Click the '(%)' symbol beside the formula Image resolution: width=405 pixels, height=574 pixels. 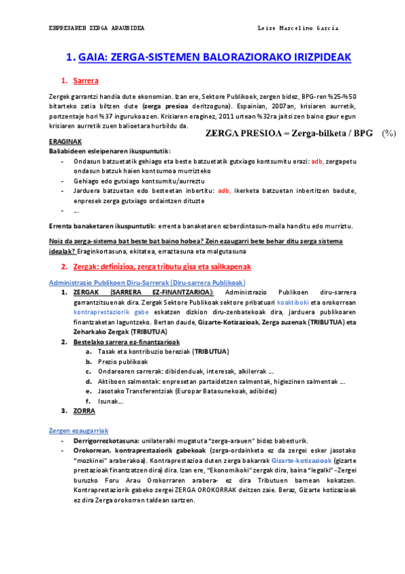point(388,133)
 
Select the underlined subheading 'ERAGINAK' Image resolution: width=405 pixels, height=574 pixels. point(66,141)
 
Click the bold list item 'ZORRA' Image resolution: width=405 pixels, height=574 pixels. point(85,410)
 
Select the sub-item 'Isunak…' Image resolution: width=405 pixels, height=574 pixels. point(110,401)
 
